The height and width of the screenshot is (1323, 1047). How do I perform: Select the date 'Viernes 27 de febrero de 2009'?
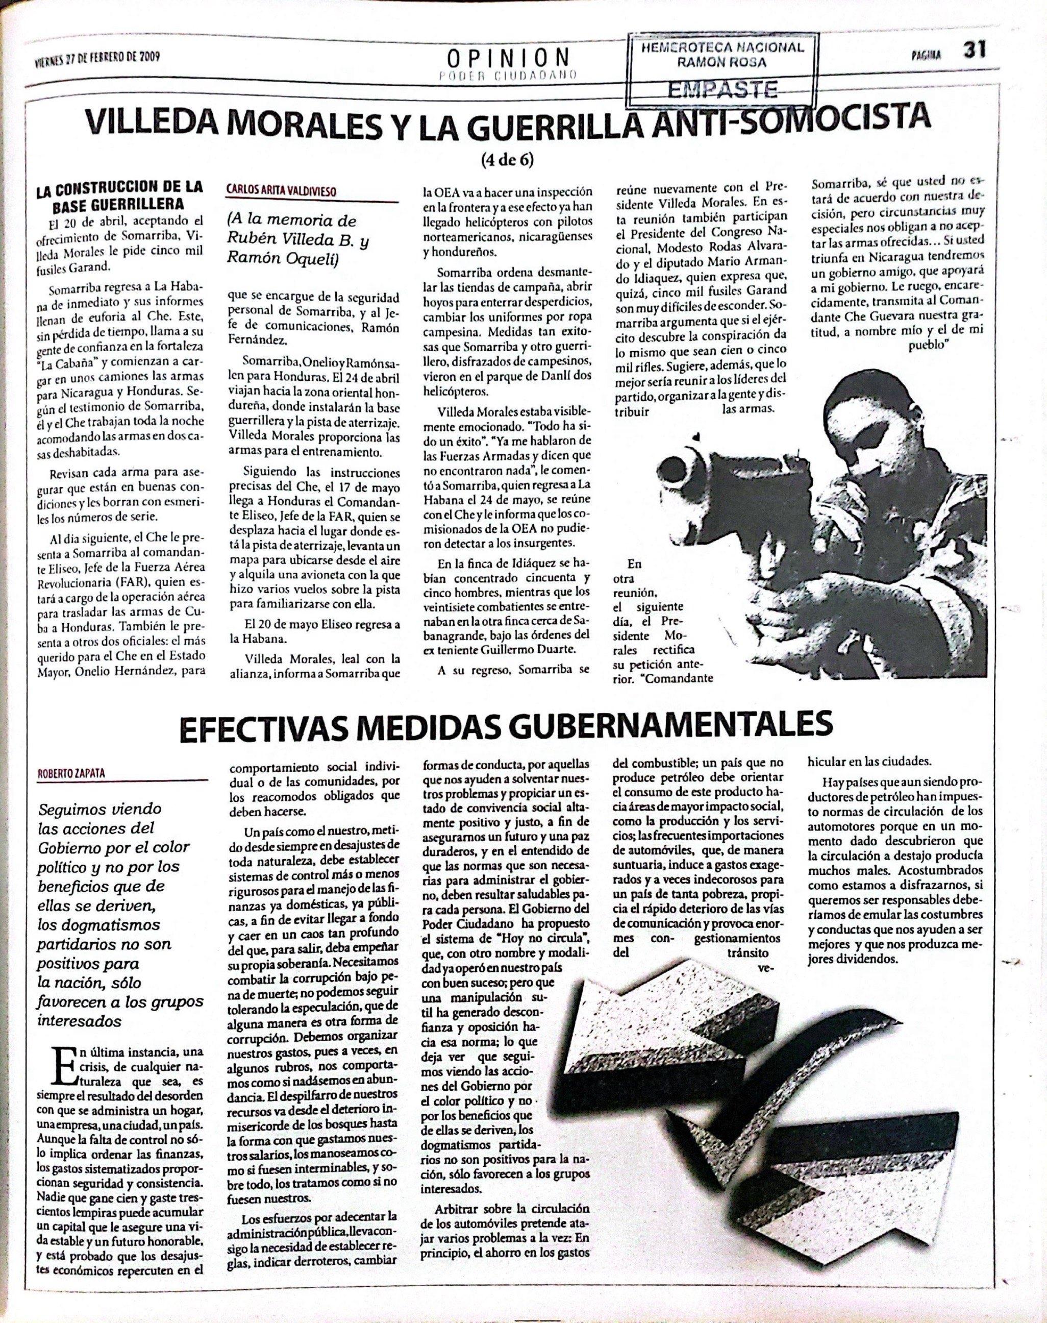click(x=98, y=58)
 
